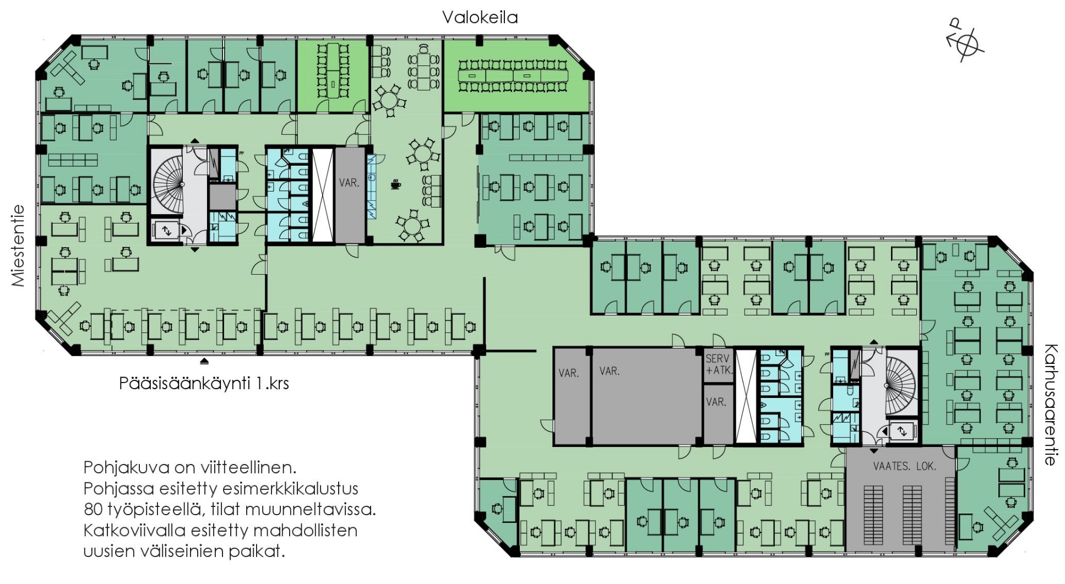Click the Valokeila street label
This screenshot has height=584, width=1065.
point(480,17)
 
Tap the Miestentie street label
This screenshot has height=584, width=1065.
point(18,245)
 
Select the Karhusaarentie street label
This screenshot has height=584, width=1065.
point(1051,405)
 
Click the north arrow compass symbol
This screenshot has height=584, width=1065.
point(965,42)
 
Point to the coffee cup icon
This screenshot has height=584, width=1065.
point(395,184)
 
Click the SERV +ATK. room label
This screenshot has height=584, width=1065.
point(719,364)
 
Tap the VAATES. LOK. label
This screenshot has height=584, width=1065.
point(904,466)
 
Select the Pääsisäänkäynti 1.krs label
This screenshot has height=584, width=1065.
point(204,383)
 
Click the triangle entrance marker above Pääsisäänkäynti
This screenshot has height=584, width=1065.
point(204,362)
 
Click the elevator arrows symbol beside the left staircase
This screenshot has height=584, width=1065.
point(166,231)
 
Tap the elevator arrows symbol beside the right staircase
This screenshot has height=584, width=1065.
point(901,431)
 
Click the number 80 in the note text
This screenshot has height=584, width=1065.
point(93,509)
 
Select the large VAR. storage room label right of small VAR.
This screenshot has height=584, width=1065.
point(610,371)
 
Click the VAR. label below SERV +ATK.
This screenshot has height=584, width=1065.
point(716,402)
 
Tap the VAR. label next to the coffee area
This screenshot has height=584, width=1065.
point(349,183)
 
